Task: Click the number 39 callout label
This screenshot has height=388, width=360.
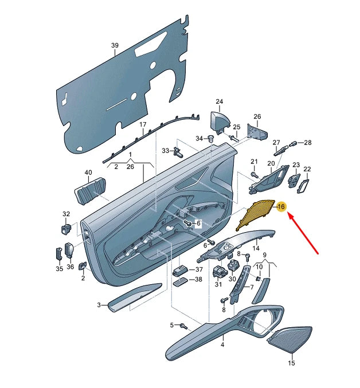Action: pos(114,45)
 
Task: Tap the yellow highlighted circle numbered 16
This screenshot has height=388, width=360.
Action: pos(281,207)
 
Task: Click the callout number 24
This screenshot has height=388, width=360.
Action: pos(218,102)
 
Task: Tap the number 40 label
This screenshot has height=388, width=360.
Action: pos(88,172)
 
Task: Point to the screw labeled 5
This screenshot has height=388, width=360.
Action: pos(183,326)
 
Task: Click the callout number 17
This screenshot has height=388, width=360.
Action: pos(143,124)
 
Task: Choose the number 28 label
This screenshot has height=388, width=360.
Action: pos(307,143)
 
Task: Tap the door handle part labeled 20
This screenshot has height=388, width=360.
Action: pos(268,179)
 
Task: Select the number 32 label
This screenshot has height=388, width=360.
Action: pos(66,214)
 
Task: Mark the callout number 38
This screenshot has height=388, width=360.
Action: pos(199,280)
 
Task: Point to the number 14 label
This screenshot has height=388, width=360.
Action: pos(256,248)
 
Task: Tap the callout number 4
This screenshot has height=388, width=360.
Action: pos(222,346)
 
